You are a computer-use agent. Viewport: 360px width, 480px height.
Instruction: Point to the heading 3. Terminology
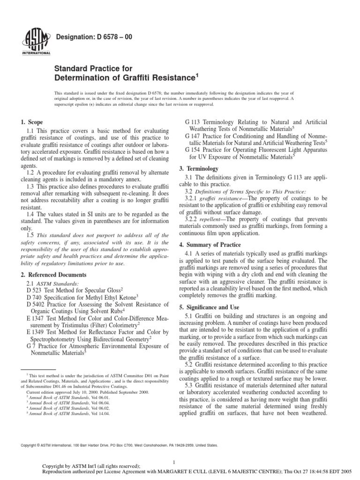coord(202,167)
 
